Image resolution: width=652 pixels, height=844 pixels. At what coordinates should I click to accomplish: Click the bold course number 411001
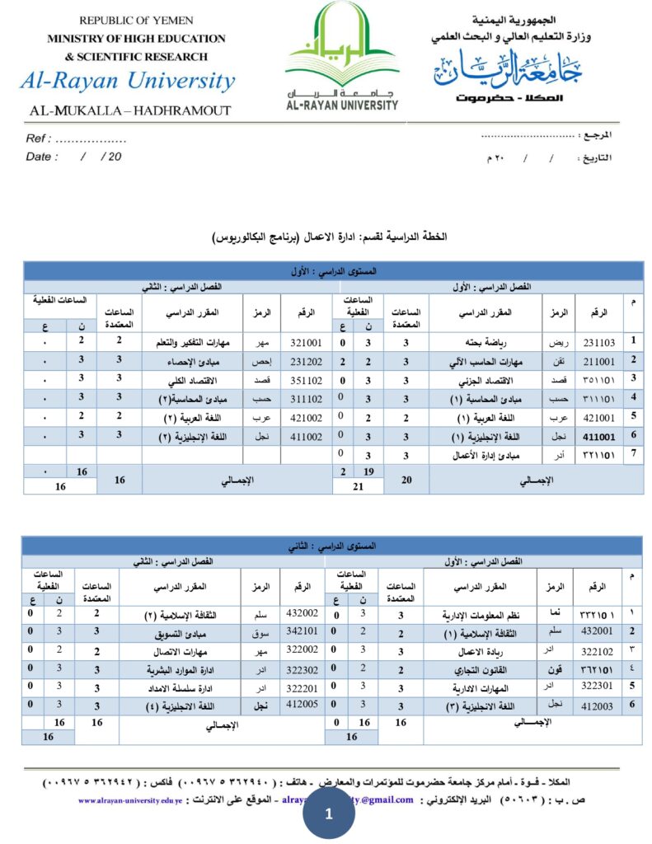click(599, 436)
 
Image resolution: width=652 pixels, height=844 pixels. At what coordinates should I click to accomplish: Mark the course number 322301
click(598, 685)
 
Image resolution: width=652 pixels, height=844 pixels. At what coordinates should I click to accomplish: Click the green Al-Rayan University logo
click(341, 56)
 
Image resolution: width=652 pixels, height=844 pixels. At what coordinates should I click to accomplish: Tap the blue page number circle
click(329, 815)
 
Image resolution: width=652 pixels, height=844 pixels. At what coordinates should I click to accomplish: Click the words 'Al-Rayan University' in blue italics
click(129, 82)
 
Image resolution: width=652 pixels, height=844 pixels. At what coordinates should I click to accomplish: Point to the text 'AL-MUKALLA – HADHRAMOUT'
click(130, 110)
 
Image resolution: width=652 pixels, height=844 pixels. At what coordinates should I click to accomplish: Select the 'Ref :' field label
click(39, 138)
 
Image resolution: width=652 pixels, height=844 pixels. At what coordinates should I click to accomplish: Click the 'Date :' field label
click(42, 157)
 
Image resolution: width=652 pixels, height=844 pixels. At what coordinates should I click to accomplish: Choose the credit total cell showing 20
click(406, 479)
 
